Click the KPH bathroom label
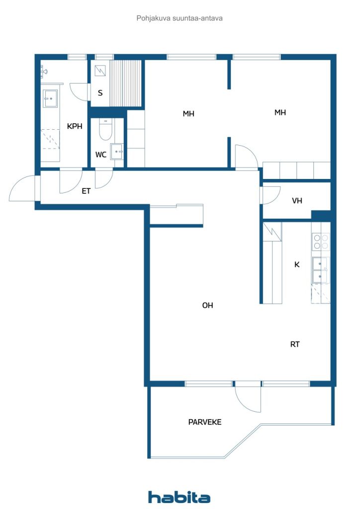tap(75, 126)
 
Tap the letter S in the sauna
tap(100, 93)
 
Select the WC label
tap(101, 155)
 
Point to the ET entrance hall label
tap(86, 191)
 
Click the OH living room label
tap(208, 305)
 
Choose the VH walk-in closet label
tap(297, 201)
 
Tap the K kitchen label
tap(297, 264)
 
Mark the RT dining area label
tap(295, 344)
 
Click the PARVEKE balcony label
tap(205, 422)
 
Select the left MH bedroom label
tap(188, 114)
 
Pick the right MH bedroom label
tap(280, 113)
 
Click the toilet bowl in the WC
tap(105, 130)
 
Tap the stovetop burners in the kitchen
tap(321, 242)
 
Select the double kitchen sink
tap(320, 270)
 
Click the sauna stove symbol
tap(100, 71)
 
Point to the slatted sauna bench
tap(126, 83)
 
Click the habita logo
tap(179, 497)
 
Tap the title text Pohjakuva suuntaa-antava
tap(180, 18)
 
